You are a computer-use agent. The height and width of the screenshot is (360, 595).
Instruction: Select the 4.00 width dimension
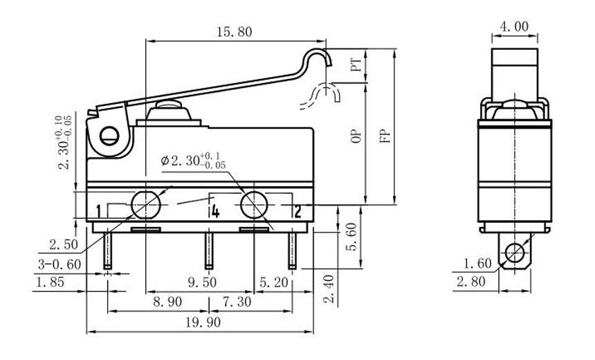pyautogui.click(x=513, y=26)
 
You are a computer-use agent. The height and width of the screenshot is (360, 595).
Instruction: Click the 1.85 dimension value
pyautogui.click(x=53, y=282)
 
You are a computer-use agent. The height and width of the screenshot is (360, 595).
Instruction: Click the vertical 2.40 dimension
pyautogui.click(x=329, y=289)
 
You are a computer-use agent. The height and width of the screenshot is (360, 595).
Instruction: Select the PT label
pyautogui.click(x=356, y=66)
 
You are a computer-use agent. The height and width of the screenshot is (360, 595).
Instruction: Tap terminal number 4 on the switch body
pyautogui.click(x=215, y=211)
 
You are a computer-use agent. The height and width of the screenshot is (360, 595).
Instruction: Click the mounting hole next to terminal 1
pyautogui.click(x=145, y=204)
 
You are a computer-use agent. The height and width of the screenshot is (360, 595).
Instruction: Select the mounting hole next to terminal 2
pyautogui.click(x=254, y=204)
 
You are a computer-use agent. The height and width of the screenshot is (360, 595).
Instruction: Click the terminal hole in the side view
pyautogui.click(x=514, y=253)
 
